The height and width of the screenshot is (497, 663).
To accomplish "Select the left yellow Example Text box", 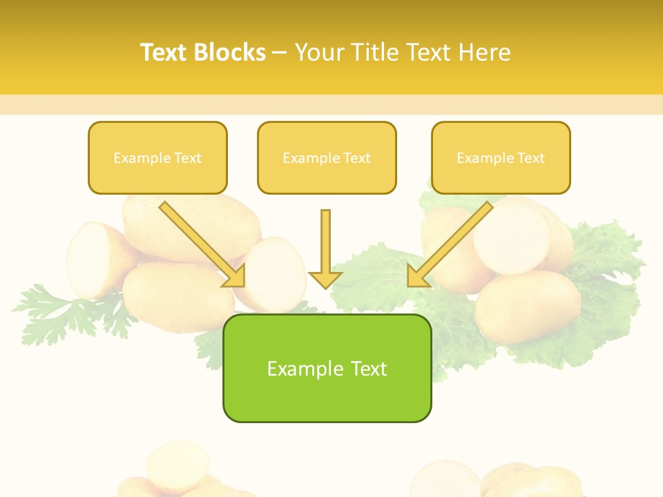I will click(x=157, y=158).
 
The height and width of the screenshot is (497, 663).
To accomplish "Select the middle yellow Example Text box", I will click(x=327, y=158).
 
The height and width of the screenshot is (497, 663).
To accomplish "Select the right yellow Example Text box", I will click(x=501, y=158).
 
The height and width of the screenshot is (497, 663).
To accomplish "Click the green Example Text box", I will click(x=327, y=368).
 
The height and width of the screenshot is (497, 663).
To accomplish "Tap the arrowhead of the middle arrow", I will click(x=325, y=280).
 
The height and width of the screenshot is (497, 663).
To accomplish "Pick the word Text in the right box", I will click(x=530, y=158).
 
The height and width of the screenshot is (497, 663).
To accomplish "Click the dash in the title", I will click(x=280, y=52).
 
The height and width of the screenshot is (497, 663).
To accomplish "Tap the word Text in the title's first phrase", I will click(x=165, y=52).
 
